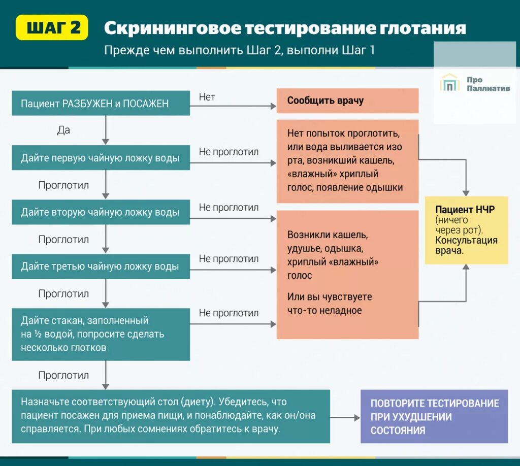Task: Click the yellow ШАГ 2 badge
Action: pos(52,27)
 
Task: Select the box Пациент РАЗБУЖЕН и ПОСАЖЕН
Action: pos(101,104)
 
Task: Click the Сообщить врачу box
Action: pos(347,101)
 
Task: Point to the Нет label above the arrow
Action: pos(207,97)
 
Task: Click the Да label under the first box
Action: pos(63,130)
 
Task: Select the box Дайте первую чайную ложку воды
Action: pos(101,158)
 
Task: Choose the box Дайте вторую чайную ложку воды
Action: pos(101,212)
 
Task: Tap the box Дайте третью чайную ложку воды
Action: pos(101,267)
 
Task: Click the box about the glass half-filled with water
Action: pos(101,334)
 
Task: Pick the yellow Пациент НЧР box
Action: pos(466,230)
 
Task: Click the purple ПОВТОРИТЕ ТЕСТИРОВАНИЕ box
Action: pos(434,417)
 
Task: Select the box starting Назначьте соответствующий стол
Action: pos(171,416)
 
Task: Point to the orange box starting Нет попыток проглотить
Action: pos(347,161)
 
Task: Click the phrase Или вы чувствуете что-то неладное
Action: pos(330,304)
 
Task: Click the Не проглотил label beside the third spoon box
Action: pos(229,258)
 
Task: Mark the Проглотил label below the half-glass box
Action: pos(63,375)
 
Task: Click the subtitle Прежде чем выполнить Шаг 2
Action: pos(239,50)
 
